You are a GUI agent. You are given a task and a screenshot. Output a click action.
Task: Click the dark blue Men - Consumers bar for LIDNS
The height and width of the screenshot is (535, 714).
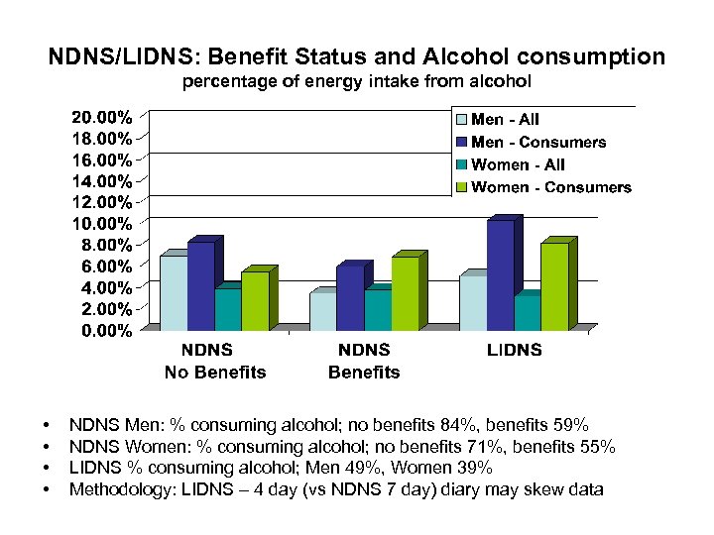tap(500, 274)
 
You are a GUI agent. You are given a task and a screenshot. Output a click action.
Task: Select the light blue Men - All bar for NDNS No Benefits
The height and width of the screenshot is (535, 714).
tap(174, 293)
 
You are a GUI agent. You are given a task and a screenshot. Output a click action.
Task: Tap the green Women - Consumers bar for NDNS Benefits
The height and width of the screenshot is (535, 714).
tap(405, 293)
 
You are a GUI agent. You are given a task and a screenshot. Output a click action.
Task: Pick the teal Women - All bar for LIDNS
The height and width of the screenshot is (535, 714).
tap(527, 312)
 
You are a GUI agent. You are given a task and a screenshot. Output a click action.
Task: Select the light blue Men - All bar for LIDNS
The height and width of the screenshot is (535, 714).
tap(473, 302)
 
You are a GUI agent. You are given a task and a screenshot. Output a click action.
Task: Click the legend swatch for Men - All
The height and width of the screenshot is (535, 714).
tap(461, 120)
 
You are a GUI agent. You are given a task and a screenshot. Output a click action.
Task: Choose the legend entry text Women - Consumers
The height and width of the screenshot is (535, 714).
tap(551, 187)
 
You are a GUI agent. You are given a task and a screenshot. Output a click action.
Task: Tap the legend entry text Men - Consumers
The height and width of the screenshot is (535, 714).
tap(538, 142)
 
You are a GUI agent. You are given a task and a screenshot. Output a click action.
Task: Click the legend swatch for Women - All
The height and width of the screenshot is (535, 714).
tap(461, 165)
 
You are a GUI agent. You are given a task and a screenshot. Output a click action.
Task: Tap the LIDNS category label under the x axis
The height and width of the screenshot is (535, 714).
tap(515, 350)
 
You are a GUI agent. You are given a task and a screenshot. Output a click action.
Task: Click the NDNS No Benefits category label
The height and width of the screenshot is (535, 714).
tap(214, 362)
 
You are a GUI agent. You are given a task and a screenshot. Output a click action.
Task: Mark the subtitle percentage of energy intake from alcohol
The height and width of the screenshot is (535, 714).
tap(356, 81)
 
